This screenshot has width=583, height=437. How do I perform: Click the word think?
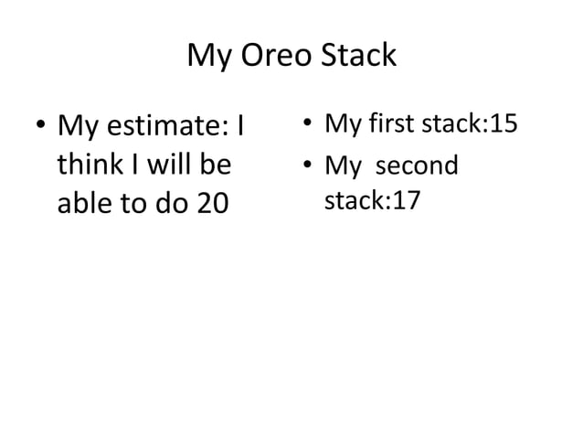(x=84, y=165)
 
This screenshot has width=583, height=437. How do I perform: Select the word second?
(x=418, y=165)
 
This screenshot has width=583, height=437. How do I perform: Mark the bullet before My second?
(x=310, y=167)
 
